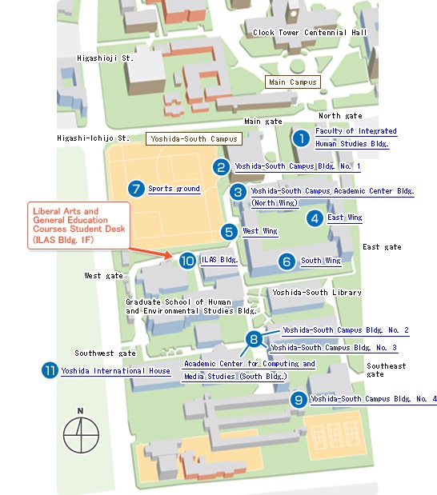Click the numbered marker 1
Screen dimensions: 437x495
(301, 138)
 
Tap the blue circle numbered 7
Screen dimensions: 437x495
(136, 189)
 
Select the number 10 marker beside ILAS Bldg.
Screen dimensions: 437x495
(187, 261)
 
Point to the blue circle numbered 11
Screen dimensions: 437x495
(50, 370)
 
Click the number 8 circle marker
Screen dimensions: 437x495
(254, 339)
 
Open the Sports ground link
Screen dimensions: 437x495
(174, 189)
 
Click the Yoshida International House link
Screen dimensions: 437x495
(115, 370)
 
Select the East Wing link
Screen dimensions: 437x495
(345, 218)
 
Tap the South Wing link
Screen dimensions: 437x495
(321, 261)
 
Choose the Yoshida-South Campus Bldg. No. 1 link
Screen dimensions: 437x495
(298, 166)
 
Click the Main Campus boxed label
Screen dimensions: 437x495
(293, 82)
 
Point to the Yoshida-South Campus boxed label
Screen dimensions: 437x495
(194, 139)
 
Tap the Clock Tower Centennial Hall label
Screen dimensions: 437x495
(310, 33)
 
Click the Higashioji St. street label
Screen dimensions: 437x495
(105, 58)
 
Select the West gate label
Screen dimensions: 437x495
(103, 276)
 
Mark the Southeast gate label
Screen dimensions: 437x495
(386, 370)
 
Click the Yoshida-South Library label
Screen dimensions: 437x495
(317, 293)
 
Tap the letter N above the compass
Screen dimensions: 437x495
(81, 411)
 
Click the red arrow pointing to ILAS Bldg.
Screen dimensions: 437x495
(150, 253)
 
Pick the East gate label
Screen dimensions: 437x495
(382, 247)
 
